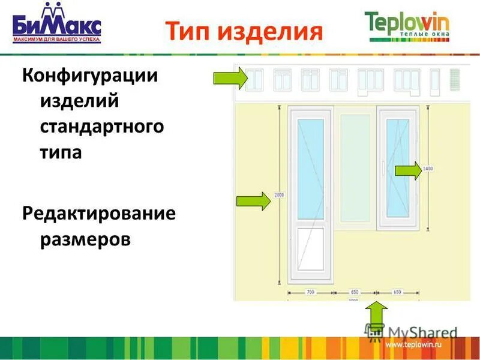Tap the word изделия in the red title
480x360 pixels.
pyautogui.click(x=270, y=31)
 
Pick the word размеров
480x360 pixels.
pyautogui.click(x=85, y=239)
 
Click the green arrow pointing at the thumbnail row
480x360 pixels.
pyautogui.click(x=231, y=78)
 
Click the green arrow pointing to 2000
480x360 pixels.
pyautogui.click(x=254, y=200)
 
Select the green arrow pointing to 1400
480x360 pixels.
pyautogui.click(x=408, y=171)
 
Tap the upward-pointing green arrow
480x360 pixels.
pyautogui.click(x=377, y=315)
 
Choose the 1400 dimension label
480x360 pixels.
pyautogui.click(x=428, y=169)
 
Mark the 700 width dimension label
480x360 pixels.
pyautogui.click(x=310, y=292)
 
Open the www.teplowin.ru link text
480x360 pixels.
pyautogui.click(x=413, y=345)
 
